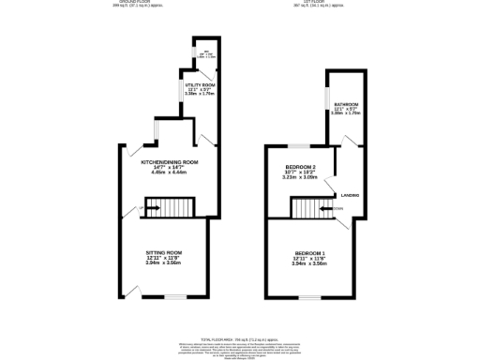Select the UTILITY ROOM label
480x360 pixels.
point(201,84)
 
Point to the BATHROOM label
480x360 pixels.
point(346,103)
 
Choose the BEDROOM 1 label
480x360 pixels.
point(310,254)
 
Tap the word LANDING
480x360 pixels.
point(351,195)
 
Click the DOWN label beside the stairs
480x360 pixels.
point(337,208)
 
